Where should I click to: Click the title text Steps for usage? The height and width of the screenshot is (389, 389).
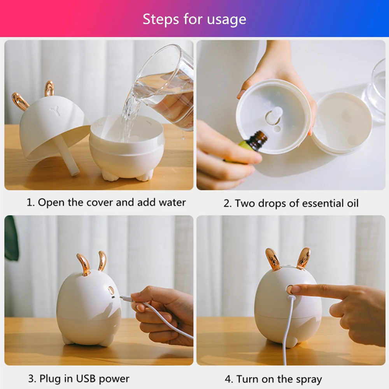(x=194, y=19)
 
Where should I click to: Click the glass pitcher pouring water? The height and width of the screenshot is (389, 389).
(x=167, y=86)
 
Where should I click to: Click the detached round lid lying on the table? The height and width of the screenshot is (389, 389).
(x=342, y=123)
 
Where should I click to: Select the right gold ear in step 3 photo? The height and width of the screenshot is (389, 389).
(x=102, y=261)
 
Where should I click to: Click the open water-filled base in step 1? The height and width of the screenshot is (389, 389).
(x=126, y=148)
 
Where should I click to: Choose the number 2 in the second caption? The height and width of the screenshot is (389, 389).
(x=227, y=203)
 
